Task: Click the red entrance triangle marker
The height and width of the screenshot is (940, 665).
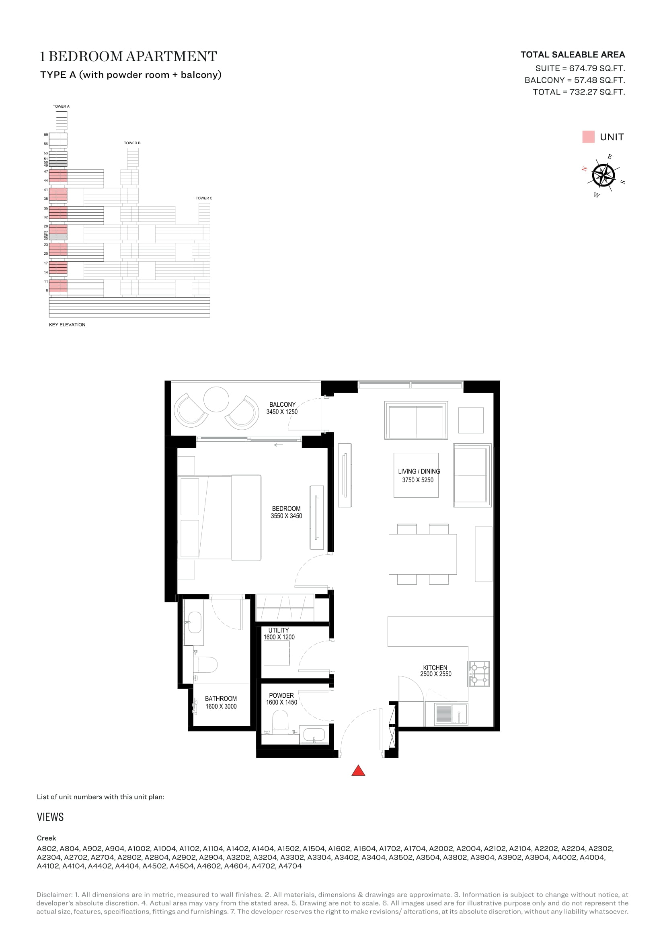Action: click(358, 771)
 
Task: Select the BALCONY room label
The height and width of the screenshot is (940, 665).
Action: click(282, 405)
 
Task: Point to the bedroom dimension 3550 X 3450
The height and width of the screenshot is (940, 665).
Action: click(286, 516)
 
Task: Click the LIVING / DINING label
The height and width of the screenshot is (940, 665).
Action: click(419, 472)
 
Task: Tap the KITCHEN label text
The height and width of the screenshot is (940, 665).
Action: click(435, 668)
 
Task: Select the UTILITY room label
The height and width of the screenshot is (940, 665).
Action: click(279, 631)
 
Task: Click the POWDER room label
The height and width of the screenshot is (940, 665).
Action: click(281, 696)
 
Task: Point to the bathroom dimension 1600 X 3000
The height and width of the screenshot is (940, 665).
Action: click(221, 707)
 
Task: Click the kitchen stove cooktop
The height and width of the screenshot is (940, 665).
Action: click(479, 674)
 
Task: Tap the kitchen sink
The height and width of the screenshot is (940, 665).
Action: click(451, 715)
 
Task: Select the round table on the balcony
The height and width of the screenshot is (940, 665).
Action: click(216, 399)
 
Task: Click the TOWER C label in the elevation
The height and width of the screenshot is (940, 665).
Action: click(204, 198)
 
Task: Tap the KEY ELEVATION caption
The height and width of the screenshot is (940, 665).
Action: click(67, 325)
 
